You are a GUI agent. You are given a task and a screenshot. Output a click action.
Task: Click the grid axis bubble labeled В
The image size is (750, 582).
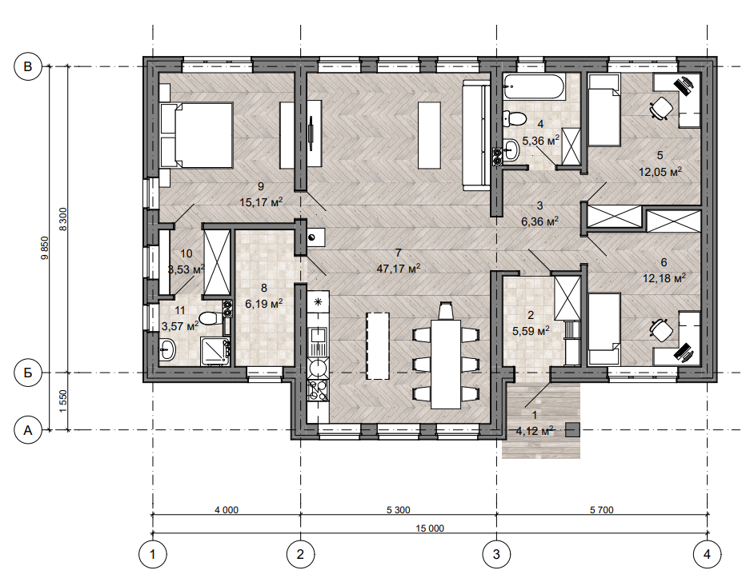pos(28,66)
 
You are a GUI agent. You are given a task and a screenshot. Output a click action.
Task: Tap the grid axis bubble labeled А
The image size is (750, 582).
pos(28,430)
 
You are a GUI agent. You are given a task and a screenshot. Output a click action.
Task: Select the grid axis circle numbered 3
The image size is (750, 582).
pos(496,554)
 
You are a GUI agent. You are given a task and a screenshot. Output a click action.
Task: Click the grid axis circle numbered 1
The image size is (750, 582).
pos(153,554)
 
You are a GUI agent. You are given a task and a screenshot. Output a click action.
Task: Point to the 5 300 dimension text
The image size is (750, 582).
pos(399,510)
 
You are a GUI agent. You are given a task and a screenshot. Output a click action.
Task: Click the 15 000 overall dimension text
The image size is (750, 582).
pos(430,528)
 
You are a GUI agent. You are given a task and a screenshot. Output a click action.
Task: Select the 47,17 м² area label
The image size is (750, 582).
pos(399,269)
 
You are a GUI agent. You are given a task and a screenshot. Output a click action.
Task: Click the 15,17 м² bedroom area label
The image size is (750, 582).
pos(261,202)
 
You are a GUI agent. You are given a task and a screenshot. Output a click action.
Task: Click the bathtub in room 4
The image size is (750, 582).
pos(534,87)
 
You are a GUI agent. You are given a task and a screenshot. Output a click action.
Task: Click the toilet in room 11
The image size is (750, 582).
pos(211,317)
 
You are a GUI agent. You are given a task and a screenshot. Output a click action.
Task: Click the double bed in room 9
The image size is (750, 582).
pos(197,135)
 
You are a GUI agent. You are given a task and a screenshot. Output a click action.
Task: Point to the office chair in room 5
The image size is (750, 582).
pos(660,108)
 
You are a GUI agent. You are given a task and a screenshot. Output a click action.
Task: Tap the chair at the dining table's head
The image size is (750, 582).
pos(445,311)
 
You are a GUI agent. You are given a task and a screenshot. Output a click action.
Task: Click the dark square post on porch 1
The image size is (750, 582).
pos(573,430)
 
